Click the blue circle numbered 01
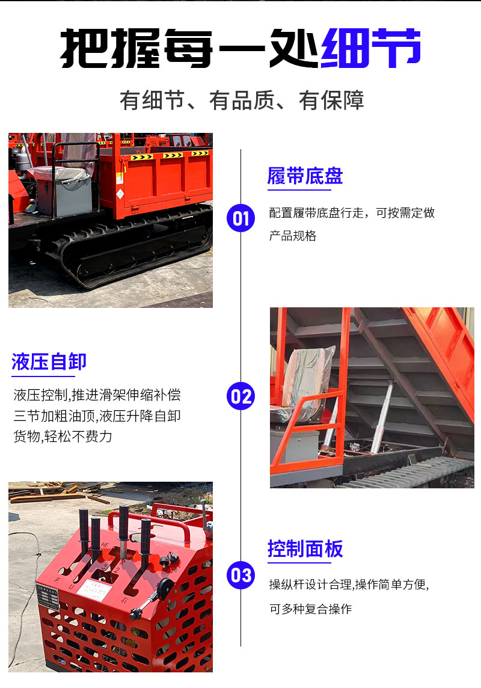coord(240,218)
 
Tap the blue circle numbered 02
coord(240,396)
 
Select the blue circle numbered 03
coord(240,575)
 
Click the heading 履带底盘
coord(305,176)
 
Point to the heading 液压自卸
coord(49,362)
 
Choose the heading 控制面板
coord(305,548)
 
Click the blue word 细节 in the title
coord(371,48)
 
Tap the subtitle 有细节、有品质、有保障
coord(242,100)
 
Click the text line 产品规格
coord(293,236)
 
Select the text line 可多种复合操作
coord(310,609)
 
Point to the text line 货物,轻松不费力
coord(63,437)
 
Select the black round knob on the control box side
coord(165,587)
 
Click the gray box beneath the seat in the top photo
coord(65,197)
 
